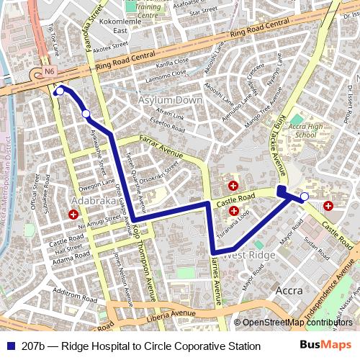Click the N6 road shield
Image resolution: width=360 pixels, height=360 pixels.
click(x=48, y=72)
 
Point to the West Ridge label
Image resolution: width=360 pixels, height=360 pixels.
click(x=249, y=255)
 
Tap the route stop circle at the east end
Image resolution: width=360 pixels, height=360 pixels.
click(x=305, y=196)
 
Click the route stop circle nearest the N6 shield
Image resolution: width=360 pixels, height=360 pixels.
click(x=60, y=91)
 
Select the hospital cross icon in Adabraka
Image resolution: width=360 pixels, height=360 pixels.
click(x=73, y=215)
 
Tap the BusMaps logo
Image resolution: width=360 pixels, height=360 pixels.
click(x=325, y=346)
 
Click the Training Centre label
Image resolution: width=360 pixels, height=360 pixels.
click(x=148, y=10)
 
